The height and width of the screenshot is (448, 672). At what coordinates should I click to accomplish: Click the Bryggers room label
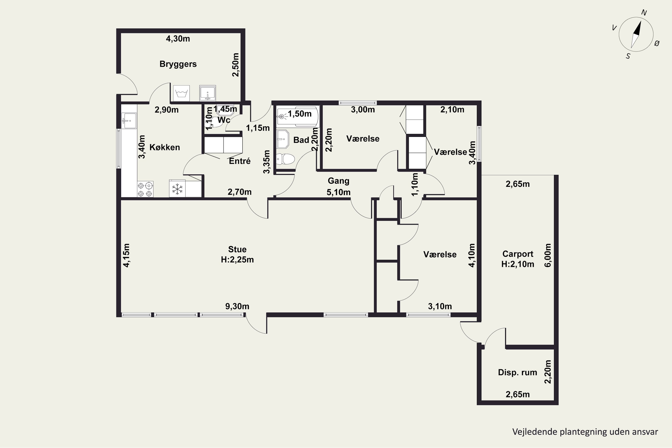coord(178,64)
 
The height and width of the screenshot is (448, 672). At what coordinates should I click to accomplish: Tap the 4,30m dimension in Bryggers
coord(178,39)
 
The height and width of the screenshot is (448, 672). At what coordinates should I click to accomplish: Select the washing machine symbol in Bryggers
coord(182,93)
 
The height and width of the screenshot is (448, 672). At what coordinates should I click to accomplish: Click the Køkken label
coord(165,147)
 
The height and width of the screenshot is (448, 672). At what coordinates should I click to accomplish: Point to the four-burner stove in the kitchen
coord(145,189)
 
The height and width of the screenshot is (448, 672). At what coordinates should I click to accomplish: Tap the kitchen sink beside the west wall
coord(129,121)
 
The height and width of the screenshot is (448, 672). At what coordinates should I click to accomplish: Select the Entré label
coord(240,161)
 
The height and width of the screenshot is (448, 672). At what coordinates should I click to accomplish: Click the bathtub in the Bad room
coord(297,116)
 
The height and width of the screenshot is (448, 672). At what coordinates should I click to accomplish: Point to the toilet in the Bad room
coord(285,159)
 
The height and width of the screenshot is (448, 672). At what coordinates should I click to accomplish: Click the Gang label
coord(338,181)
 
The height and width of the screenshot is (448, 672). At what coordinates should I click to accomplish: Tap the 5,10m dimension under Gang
coord(338,192)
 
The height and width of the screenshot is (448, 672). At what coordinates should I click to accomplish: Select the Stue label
coord(237,250)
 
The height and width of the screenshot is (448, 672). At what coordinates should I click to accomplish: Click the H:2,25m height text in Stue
coord(237,260)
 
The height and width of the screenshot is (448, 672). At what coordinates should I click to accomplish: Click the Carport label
coord(518,254)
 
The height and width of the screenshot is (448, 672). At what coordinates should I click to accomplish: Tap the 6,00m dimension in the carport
coord(548,255)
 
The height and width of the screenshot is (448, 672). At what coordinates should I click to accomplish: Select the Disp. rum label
coord(517,372)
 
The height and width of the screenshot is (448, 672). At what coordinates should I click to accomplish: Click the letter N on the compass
coord(644,13)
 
